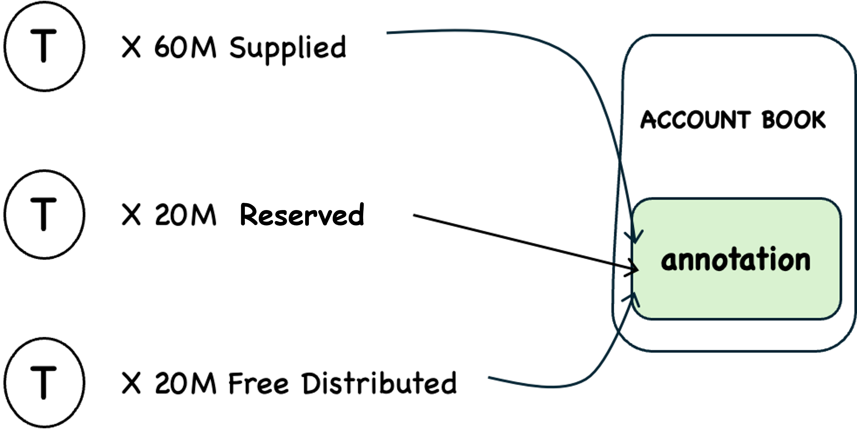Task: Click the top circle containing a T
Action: click(44, 46)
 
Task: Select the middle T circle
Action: click(44, 214)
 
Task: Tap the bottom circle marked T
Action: click(44, 382)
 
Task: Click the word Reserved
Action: click(302, 215)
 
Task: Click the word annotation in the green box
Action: click(736, 260)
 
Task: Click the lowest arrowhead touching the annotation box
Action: click(633, 298)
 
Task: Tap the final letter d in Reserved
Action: click(356, 215)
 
